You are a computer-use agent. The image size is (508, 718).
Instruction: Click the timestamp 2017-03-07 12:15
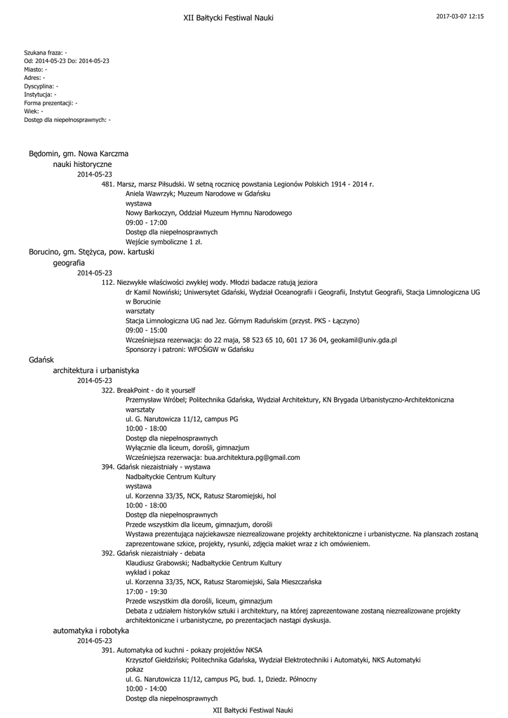[460, 15]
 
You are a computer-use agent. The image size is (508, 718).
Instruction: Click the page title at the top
[228, 17]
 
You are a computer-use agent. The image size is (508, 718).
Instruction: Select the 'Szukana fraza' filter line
[46, 53]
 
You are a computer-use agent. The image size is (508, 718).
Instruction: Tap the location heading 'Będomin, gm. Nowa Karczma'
[79, 154]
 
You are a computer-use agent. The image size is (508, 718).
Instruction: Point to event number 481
[108, 184]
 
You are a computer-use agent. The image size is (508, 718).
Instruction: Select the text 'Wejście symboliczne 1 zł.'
[163, 241]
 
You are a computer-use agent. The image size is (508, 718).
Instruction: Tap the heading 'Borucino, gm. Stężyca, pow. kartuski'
[91, 251]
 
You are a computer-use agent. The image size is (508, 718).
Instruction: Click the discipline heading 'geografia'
[69, 262]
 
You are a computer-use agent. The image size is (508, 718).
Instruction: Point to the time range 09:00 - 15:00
[146, 330]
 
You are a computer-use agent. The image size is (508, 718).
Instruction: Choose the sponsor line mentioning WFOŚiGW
[189, 349]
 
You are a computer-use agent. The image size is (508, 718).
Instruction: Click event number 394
[108, 466]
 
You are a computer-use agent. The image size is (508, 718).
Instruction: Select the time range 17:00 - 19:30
[146, 592]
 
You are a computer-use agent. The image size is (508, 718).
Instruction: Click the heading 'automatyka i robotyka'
[91, 631]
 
